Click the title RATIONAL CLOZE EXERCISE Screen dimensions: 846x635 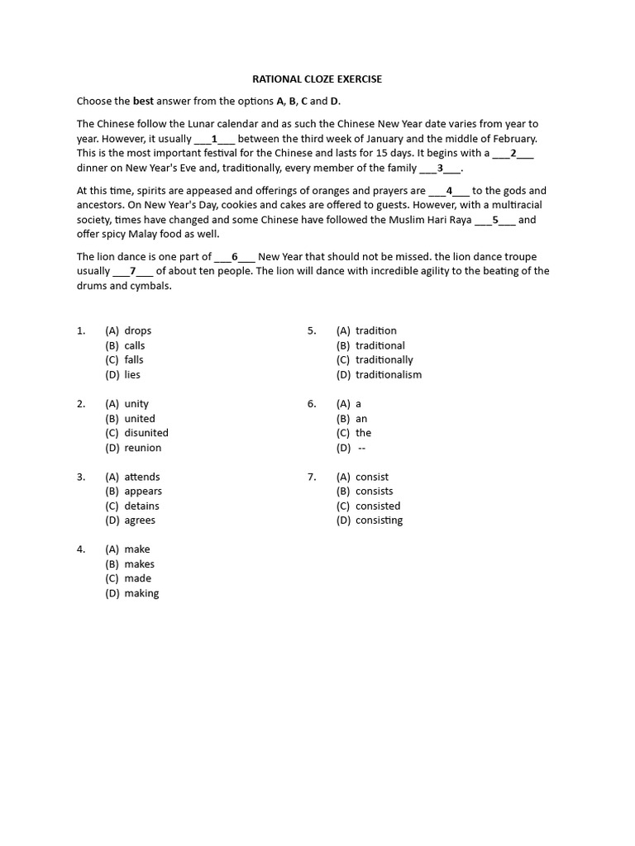click(x=317, y=79)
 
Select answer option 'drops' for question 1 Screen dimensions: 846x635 click(x=137, y=330)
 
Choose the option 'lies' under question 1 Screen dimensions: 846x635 click(x=132, y=374)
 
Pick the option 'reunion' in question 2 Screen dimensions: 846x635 click(x=143, y=448)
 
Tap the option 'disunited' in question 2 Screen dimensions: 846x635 click(x=146, y=433)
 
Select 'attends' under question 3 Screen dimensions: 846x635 click(x=142, y=477)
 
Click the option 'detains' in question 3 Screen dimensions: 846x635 click(x=141, y=506)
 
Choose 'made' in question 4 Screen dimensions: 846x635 click(x=137, y=578)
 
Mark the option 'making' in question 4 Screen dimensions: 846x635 click(x=141, y=593)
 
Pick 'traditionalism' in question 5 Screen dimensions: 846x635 click(x=389, y=374)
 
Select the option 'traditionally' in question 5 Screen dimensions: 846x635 click(x=384, y=359)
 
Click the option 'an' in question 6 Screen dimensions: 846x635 click(x=361, y=419)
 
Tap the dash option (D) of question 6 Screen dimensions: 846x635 click(x=361, y=448)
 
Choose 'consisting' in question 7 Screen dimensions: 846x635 click(x=379, y=520)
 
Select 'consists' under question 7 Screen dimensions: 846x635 click(x=374, y=491)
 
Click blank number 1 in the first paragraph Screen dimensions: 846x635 click(x=214, y=139)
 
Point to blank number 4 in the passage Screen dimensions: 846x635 click(x=449, y=191)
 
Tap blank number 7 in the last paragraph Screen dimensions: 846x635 click(x=132, y=271)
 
